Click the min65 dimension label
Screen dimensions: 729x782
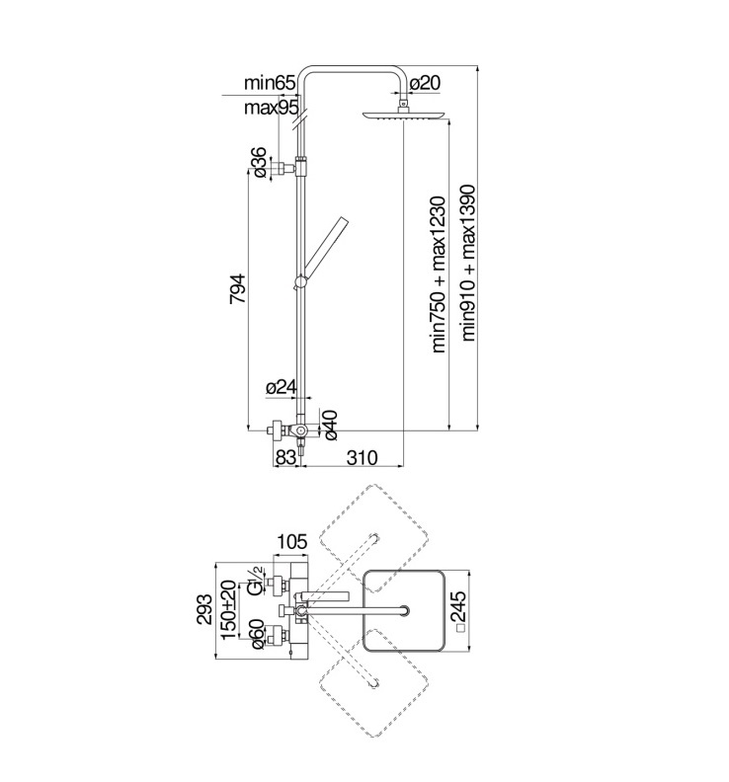[x=270, y=83]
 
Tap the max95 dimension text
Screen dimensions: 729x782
[x=271, y=108]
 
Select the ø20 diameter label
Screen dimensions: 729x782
[x=425, y=83]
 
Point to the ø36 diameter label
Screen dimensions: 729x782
[x=260, y=162]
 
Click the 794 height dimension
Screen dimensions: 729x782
[x=237, y=288]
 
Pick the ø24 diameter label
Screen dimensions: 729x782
[x=282, y=386]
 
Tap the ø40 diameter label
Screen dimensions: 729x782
[x=330, y=425]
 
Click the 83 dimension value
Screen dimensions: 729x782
[x=285, y=457]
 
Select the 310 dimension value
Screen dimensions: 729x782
[x=363, y=457]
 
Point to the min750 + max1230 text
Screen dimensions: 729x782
[x=438, y=274]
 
